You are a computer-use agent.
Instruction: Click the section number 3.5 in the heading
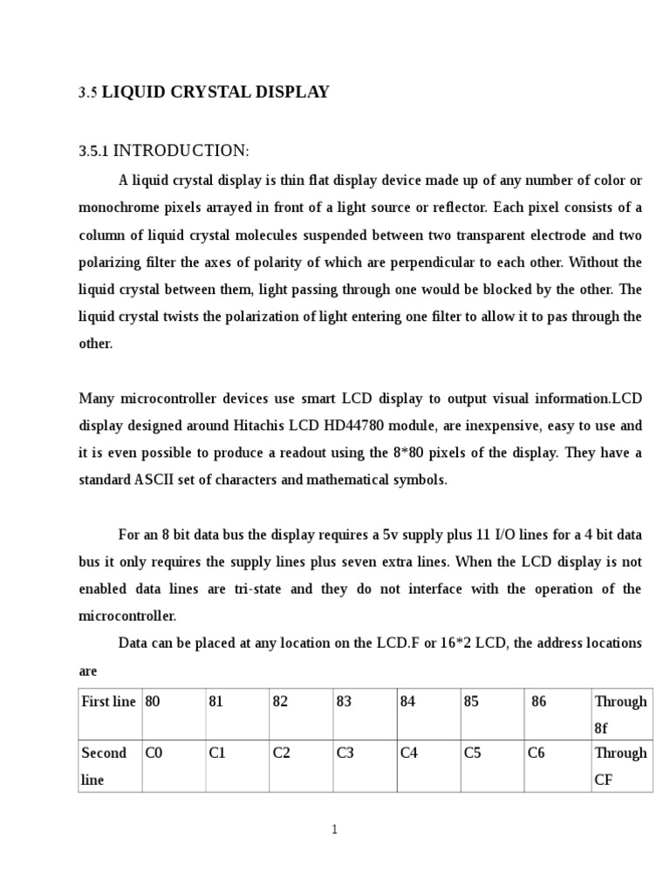tap(88, 92)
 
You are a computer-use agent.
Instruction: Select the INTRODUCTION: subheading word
tap(181, 152)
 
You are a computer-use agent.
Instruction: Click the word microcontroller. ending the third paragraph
tap(127, 616)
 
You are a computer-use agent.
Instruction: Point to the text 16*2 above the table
tap(459, 643)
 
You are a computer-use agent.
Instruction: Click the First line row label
tap(108, 701)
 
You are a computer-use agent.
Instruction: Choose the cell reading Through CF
tap(620, 766)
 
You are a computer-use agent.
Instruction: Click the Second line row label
tap(104, 766)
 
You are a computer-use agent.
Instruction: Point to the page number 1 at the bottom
tap(334, 829)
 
